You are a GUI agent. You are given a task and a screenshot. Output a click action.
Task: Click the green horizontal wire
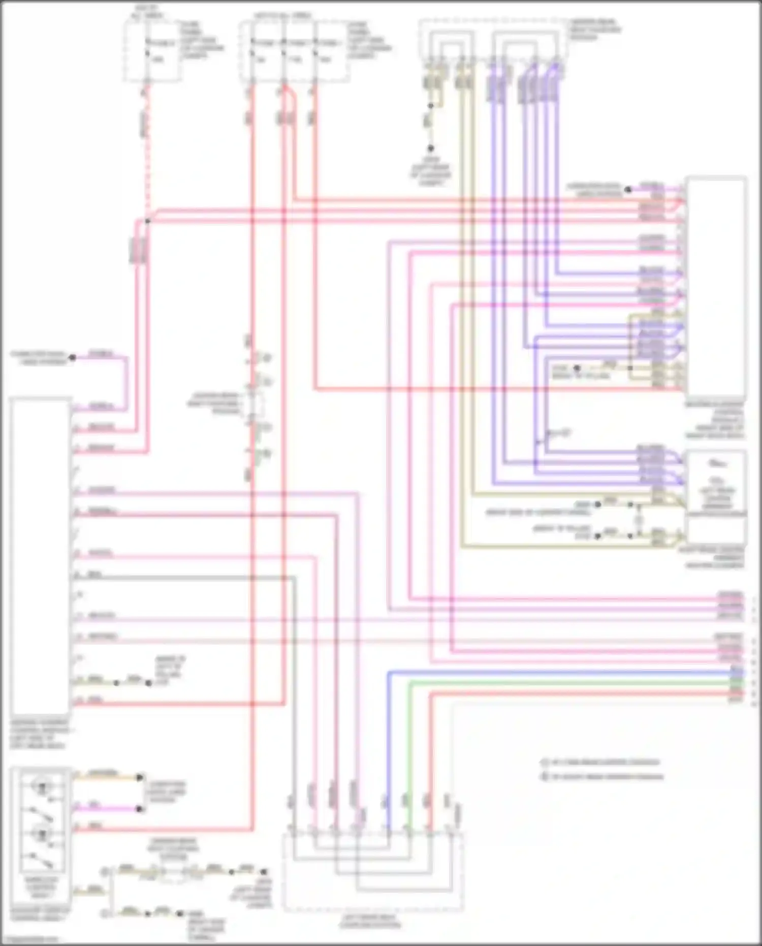pyautogui.click(x=559, y=683)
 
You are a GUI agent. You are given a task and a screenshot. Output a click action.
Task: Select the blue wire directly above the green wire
pyautogui.click(x=559, y=672)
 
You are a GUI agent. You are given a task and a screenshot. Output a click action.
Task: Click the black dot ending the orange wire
pyautogui.click(x=139, y=778)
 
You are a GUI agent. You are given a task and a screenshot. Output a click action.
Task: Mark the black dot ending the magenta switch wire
pyautogui.click(x=139, y=809)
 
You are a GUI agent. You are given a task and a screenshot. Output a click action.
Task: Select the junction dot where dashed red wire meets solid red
pyautogui.click(x=147, y=221)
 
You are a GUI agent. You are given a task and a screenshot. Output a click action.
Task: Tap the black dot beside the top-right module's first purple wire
pyautogui.click(x=628, y=190)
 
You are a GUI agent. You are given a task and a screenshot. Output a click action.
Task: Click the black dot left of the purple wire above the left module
pyautogui.click(x=72, y=358)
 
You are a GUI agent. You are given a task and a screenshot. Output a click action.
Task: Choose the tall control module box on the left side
pyautogui.click(x=40, y=557)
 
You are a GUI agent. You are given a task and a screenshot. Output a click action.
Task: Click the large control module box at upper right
pyautogui.click(x=715, y=287)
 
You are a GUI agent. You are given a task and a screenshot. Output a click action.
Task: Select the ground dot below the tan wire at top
pyautogui.click(x=430, y=148)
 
